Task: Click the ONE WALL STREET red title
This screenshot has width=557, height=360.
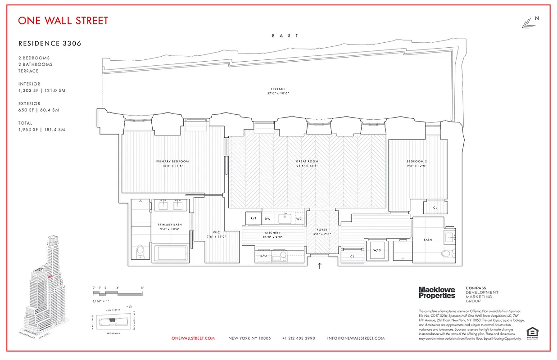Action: click(x=63, y=21)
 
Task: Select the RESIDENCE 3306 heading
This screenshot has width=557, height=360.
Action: click(x=50, y=44)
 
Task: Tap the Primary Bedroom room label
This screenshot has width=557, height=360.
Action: click(x=172, y=161)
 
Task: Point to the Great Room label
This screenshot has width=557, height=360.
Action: click(x=307, y=161)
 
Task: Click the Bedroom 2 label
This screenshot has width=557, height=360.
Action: click(x=417, y=161)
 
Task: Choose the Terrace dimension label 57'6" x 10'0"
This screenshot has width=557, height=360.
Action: click(x=278, y=94)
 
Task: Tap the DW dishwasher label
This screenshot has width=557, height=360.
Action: click(x=267, y=219)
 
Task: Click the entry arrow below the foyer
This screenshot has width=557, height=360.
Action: click(x=320, y=265)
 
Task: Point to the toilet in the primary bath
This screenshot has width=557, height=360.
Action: click(x=140, y=252)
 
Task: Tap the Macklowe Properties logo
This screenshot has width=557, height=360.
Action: click(x=437, y=292)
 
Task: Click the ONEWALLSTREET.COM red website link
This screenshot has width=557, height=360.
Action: click(x=193, y=338)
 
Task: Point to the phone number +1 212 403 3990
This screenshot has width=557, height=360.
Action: click(x=299, y=338)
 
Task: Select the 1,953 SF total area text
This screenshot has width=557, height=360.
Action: click(x=42, y=130)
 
